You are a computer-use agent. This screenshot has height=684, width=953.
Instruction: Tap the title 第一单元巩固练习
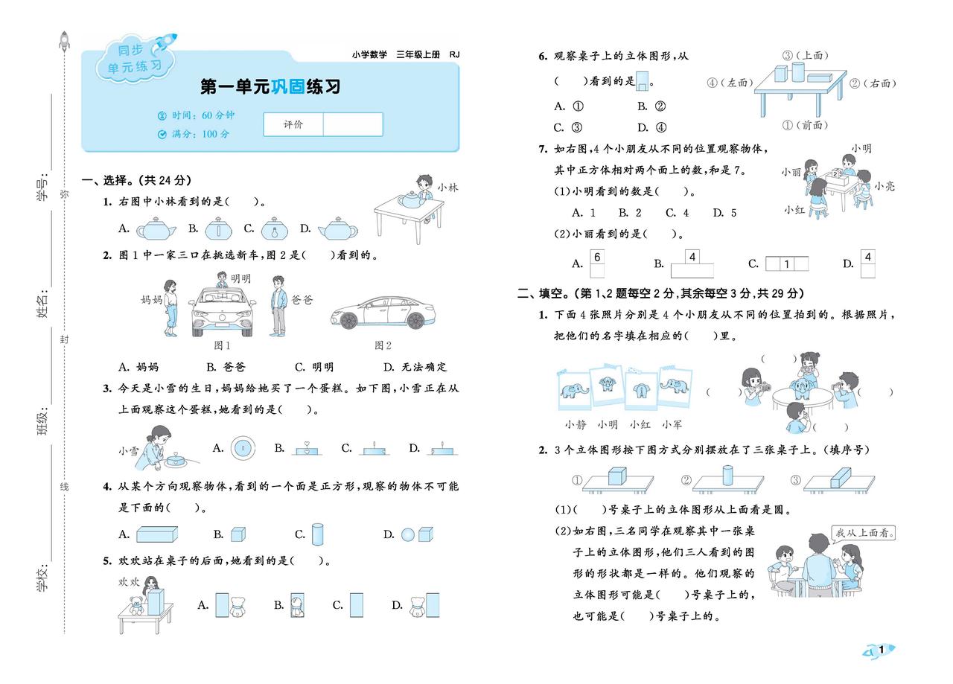point(270,86)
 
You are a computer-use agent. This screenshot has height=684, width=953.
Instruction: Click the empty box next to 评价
point(352,124)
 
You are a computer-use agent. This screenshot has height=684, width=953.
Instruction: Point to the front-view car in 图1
point(221,312)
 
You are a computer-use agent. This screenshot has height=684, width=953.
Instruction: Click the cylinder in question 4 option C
point(318,534)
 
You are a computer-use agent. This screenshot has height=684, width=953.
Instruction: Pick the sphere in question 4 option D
point(408,534)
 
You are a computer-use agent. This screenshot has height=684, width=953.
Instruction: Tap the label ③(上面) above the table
point(805,55)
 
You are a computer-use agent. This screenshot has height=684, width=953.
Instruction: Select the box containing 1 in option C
point(787,263)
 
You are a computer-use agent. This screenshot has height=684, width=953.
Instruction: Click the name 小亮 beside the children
point(885,186)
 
